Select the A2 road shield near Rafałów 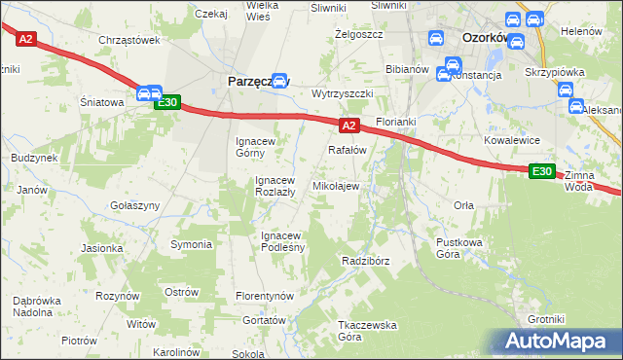pyautogui.click(x=349, y=126)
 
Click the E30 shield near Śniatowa pyautogui.click(x=166, y=102)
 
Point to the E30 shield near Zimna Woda pyautogui.click(x=542, y=171)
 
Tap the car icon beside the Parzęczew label pyautogui.click(x=280, y=82)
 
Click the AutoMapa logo pyautogui.click(x=556, y=342)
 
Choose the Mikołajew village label pyautogui.click(x=335, y=185)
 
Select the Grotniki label pyautogui.click(x=546, y=319)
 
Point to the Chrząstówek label pyautogui.click(x=128, y=40)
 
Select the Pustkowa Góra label pyautogui.click(x=460, y=247)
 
